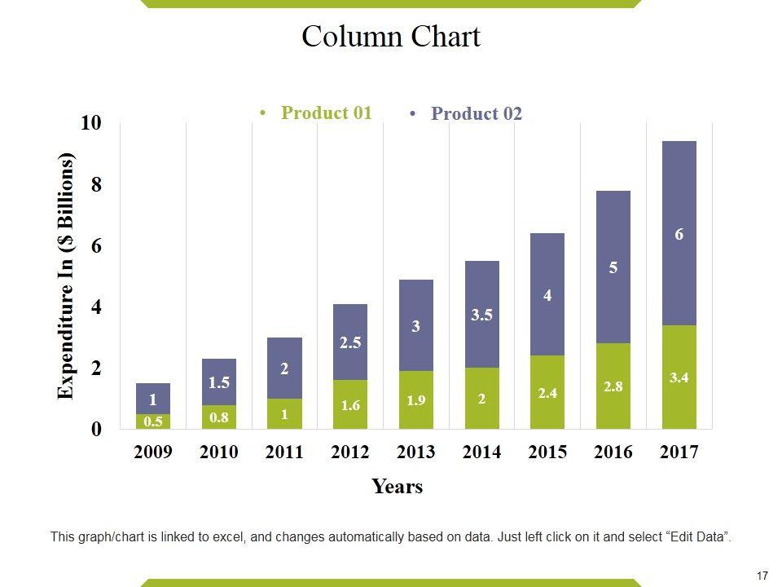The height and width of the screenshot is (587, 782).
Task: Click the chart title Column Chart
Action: click(x=391, y=37)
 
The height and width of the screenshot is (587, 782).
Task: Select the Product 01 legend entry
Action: click(x=326, y=113)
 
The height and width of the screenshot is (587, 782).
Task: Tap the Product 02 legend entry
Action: click(x=476, y=114)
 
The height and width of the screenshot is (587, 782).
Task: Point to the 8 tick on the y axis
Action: click(x=97, y=185)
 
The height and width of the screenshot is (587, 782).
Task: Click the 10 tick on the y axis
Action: click(x=92, y=123)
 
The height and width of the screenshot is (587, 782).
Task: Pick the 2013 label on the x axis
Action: click(x=415, y=453)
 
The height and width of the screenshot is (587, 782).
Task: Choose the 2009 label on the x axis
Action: click(x=153, y=453)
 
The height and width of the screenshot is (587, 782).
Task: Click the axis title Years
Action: click(x=398, y=487)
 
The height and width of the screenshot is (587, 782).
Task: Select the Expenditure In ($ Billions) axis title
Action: click(x=66, y=276)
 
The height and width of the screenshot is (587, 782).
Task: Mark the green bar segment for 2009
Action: click(x=153, y=421)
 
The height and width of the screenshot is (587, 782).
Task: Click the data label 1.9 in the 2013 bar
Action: click(x=416, y=400)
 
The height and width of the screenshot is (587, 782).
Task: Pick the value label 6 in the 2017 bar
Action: click(x=679, y=235)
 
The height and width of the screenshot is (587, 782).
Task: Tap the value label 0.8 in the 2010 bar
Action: click(x=219, y=417)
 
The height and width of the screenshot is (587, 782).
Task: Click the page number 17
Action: click(x=762, y=576)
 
